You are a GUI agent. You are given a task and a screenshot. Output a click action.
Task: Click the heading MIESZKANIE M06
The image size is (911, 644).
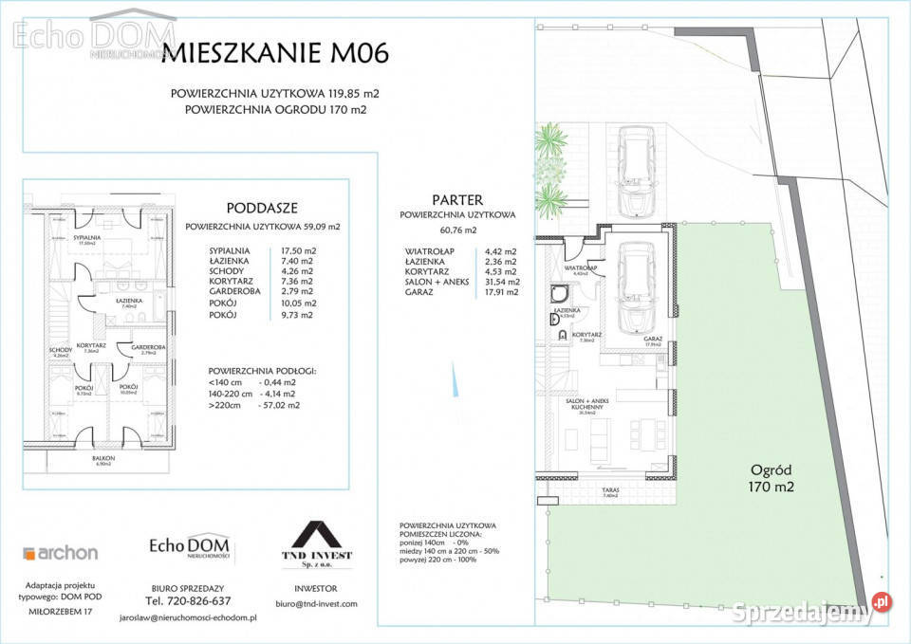click(275, 52)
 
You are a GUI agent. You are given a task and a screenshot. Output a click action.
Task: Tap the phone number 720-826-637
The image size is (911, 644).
click(187, 600)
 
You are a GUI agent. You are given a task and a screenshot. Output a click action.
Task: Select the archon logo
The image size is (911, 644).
click(61, 553)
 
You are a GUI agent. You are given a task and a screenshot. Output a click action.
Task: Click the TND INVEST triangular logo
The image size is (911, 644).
click(319, 536)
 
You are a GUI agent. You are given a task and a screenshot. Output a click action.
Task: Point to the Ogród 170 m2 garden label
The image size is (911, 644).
click(772, 478)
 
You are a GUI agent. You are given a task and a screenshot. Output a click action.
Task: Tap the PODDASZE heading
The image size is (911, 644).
click(263, 208)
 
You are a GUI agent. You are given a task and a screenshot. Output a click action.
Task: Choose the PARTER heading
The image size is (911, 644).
click(457, 200)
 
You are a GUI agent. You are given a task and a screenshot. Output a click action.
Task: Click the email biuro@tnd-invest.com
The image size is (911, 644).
click(317, 604)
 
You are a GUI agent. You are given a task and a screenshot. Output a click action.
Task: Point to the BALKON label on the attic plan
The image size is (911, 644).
click(103, 458)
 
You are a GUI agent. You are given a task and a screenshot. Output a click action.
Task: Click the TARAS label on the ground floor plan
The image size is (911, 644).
click(610, 489)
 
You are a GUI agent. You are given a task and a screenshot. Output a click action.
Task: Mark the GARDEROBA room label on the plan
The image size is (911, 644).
click(149, 347)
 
